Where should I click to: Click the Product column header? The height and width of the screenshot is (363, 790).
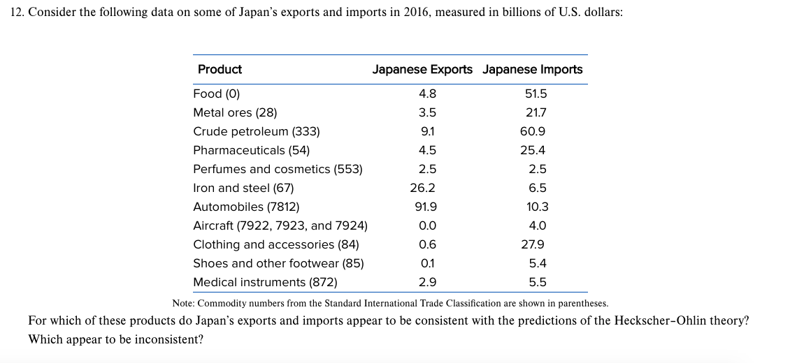[220, 69]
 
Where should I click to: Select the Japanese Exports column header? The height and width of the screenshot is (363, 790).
[422, 69]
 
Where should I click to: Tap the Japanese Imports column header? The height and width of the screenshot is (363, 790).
[532, 69]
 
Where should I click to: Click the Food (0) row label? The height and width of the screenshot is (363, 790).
[217, 94]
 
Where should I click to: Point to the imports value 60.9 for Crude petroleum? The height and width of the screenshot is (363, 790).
[535, 131]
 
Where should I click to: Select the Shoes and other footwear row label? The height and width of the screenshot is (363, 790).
[278, 263]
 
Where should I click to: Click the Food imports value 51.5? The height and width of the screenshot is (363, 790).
[536, 94]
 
